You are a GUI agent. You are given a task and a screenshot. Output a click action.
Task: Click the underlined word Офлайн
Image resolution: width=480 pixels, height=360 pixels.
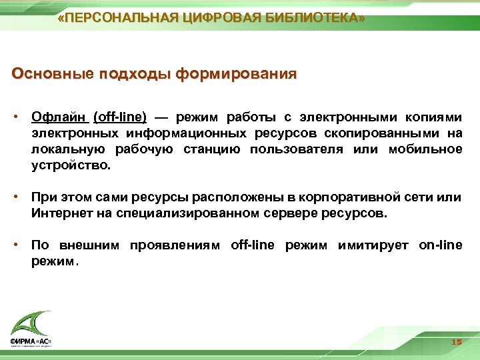click(59, 117)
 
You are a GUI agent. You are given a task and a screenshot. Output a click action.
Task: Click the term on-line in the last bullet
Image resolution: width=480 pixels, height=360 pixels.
click(440, 245)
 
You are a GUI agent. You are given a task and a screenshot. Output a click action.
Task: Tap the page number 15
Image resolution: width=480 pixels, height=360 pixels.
click(456, 341)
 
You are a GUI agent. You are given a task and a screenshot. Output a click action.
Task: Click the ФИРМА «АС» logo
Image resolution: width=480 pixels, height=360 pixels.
click(31, 329)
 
